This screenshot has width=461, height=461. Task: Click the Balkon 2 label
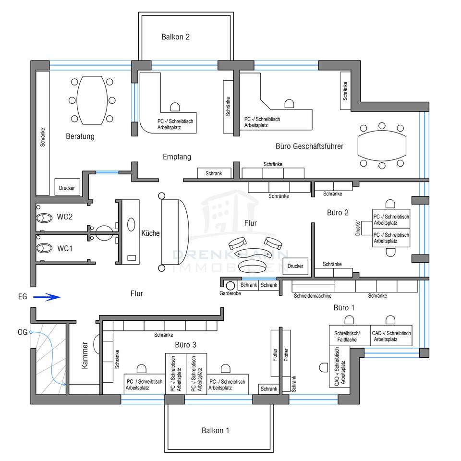pos(176,37)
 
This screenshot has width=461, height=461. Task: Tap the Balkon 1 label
pos(215,431)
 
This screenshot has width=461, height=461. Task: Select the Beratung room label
pos(80,136)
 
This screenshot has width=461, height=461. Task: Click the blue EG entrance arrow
pos(47,297)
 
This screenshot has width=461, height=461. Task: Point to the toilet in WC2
pos(44,218)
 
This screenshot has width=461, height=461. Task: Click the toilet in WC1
pos(44,248)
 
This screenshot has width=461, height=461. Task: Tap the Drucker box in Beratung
pos(67,187)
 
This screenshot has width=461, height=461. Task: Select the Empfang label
pos(177,157)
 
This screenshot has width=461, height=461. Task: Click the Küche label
pos(150,233)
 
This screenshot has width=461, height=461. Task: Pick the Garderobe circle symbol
pos(230,285)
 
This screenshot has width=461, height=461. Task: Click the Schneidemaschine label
pos(313,296)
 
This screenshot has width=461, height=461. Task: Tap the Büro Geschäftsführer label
pos(309,146)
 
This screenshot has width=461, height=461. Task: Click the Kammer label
pos(85,355)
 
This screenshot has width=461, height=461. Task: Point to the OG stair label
pos(23,332)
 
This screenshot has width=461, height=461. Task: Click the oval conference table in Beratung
pos(92,100)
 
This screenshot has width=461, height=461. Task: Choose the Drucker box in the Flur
pos(295,266)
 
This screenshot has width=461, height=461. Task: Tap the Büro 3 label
pos(185,345)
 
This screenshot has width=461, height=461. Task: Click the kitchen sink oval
pos(131,225)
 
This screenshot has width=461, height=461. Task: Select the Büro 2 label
pos(338,213)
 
